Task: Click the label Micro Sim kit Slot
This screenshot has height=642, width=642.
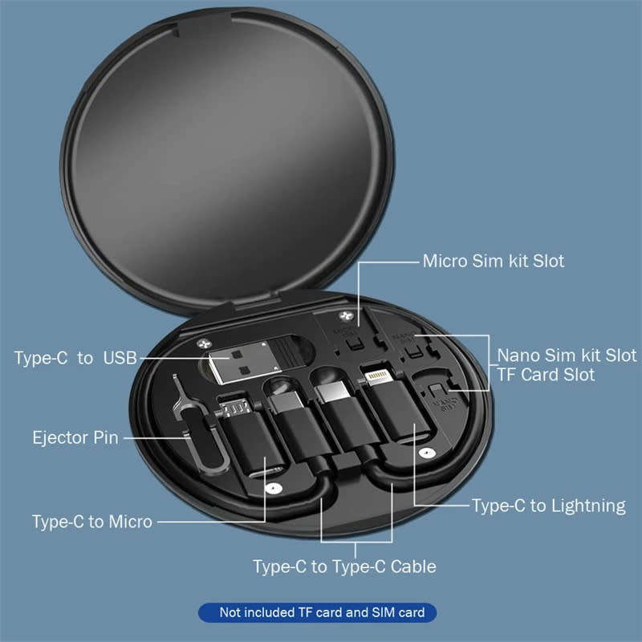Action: pyautogui.click(x=494, y=261)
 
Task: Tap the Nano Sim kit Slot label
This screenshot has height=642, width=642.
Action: pyautogui.click(x=567, y=355)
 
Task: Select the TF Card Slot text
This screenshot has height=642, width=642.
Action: pyautogui.click(x=546, y=375)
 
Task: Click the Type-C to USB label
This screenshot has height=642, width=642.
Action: pyautogui.click(x=75, y=358)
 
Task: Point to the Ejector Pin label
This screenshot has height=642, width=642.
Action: pyautogui.click(x=75, y=438)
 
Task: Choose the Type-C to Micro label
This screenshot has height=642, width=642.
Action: pyautogui.click(x=91, y=522)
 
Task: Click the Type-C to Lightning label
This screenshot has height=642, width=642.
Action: pyautogui.click(x=548, y=506)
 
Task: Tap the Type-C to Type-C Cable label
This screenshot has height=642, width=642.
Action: pyautogui.click(x=344, y=567)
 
